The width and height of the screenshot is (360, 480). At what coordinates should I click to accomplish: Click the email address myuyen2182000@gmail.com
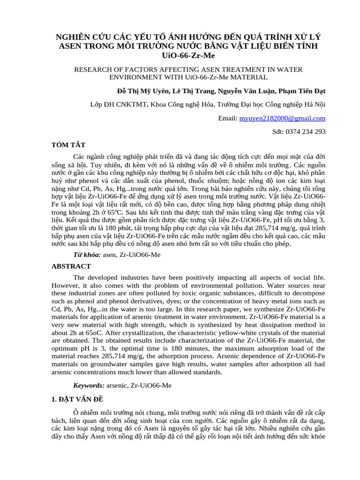coord(282,119)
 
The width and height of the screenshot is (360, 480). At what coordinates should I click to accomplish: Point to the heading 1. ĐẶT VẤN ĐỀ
coord(77,399)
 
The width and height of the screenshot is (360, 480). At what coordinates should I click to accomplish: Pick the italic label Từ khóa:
coord(87,255)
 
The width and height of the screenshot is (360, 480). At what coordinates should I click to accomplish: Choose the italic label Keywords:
coord(89,385)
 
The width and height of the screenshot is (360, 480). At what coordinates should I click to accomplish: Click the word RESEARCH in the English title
coord(92,69)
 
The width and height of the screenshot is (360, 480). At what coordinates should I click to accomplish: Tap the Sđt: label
coord(279,132)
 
